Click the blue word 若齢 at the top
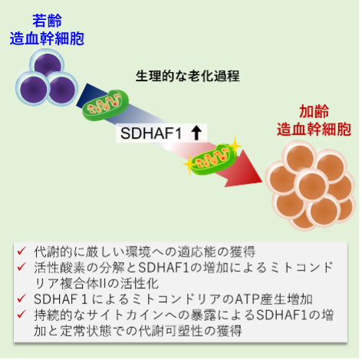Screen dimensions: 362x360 click(x=47, y=21)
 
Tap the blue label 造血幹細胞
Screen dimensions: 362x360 click(x=47, y=38)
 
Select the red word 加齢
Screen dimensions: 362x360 click(x=314, y=112)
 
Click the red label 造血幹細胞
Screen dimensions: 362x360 click(x=314, y=129)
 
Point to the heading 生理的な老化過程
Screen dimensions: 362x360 click(x=188, y=76)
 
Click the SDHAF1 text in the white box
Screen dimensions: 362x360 click(x=151, y=133)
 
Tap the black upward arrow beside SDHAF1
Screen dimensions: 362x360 click(x=196, y=133)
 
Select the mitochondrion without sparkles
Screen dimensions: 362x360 click(x=105, y=105)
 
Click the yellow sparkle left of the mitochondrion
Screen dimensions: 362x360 click(x=189, y=164)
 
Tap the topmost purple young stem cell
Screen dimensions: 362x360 click(x=48, y=64)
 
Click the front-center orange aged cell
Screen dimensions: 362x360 click(x=312, y=185)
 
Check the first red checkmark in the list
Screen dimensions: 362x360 click(x=21, y=251)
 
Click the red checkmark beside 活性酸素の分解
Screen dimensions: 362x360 click(x=21, y=267)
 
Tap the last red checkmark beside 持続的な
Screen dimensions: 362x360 click(x=21, y=314)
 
